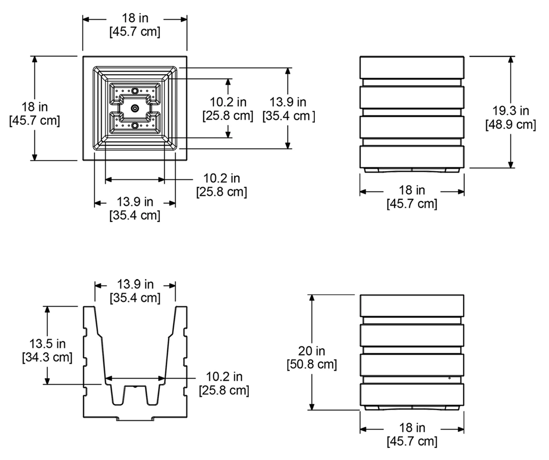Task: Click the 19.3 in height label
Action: [x=510, y=111]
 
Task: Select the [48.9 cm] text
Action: [x=510, y=124]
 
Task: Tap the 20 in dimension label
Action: [x=311, y=351]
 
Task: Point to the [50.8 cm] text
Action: [x=311, y=364]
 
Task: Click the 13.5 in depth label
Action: [x=47, y=343]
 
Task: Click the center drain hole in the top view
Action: [x=135, y=108]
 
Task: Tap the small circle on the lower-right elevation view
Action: [x=449, y=378]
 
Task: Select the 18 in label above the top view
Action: [x=135, y=18]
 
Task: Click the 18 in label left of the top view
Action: [x=35, y=106]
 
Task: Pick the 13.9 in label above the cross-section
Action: [x=135, y=284]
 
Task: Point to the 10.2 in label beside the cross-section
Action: [x=224, y=376]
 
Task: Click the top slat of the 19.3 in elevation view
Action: [x=412, y=67]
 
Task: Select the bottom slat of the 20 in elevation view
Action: [x=412, y=394]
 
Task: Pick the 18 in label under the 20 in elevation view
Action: [x=412, y=427]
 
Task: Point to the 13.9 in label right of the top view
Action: [x=288, y=102]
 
